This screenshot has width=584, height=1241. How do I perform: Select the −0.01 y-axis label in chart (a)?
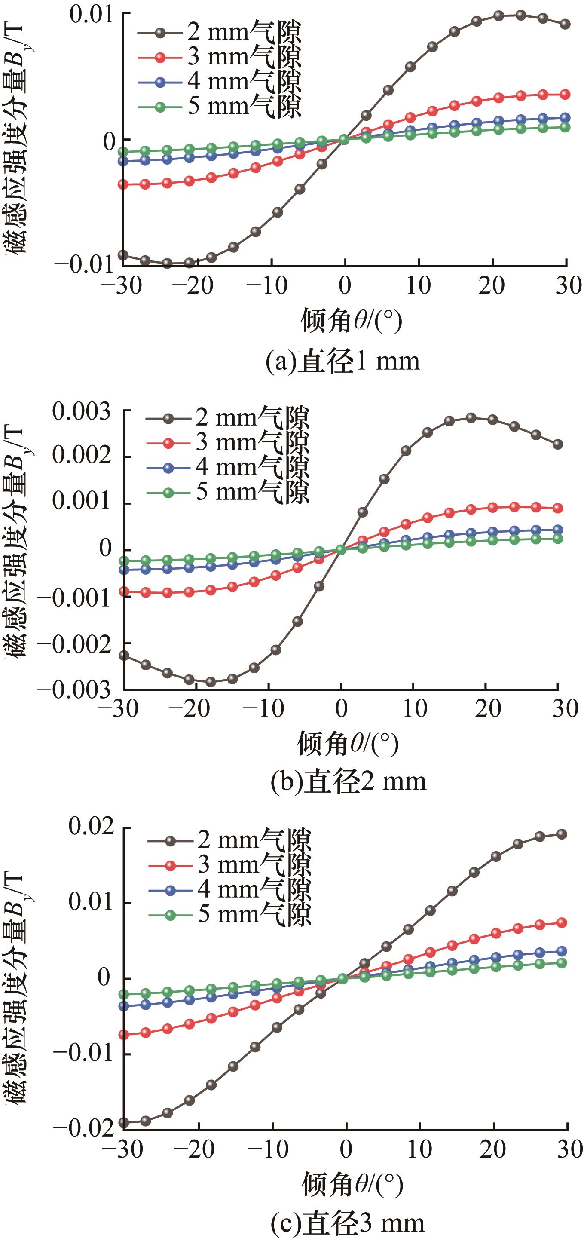click(x=86, y=264)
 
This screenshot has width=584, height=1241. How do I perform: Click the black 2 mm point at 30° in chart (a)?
click(x=566, y=24)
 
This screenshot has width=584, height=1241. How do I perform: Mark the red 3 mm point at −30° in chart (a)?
click(x=123, y=184)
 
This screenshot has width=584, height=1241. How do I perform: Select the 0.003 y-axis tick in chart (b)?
click(x=82, y=412)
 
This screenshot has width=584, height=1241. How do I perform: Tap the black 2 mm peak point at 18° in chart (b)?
click(x=471, y=418)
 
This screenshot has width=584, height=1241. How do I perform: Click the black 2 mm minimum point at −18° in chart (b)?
click(x=211, y=682)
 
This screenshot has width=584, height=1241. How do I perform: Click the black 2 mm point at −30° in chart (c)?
click(x=124, y=1123)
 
